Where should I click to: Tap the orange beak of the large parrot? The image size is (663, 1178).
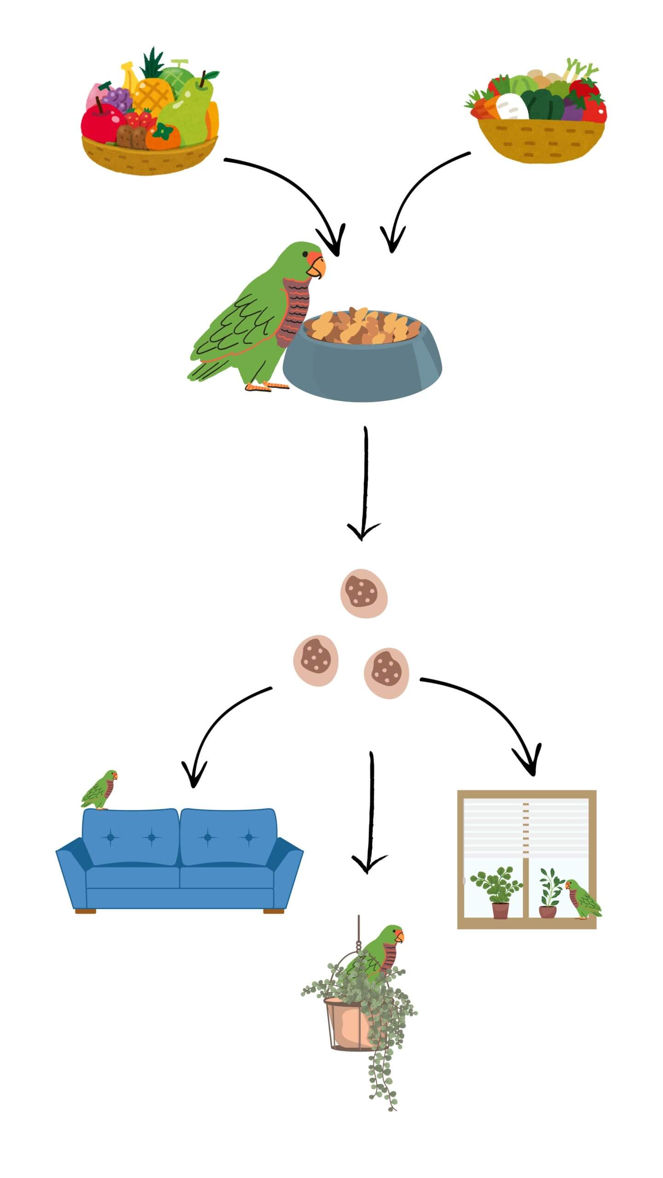[318, 267]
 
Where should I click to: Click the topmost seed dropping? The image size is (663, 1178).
[364, 593]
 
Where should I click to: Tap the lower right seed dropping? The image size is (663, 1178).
[386, 673]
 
